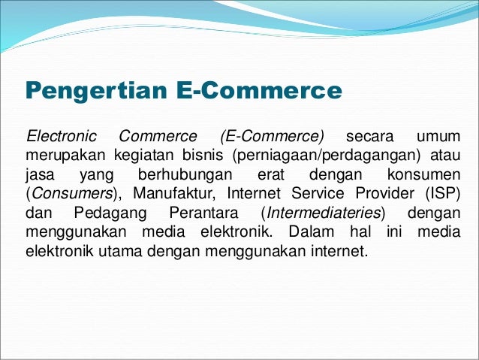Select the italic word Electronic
(62, 138)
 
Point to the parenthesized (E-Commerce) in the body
(273, 138)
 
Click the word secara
(369, 138)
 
